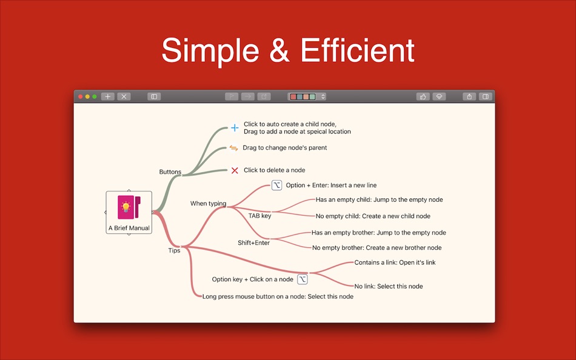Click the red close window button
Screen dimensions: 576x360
(81, 96)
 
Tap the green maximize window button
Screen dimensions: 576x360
(95, 96)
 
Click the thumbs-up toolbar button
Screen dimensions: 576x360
(423, 96)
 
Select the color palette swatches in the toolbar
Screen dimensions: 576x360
(303, 96)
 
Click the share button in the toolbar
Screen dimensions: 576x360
(469, 96)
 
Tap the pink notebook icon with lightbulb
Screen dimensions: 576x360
(129, 207)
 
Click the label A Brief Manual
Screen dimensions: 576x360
(129, 228)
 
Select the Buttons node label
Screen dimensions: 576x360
(170, 172)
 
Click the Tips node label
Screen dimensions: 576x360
(174, 250)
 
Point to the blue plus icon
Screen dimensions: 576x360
(235, 128)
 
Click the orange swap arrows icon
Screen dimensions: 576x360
(233, 148)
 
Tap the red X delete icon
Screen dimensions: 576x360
(235, 170)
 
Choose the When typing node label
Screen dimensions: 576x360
(209, 204)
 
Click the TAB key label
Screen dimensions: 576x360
(260, 216)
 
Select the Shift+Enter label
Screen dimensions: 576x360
(254, 243)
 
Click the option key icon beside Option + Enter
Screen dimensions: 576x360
(276, 185)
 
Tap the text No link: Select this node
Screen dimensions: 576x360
(389, 286)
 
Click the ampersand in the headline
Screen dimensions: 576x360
(280, 50)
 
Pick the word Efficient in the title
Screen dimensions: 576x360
(358, 50)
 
